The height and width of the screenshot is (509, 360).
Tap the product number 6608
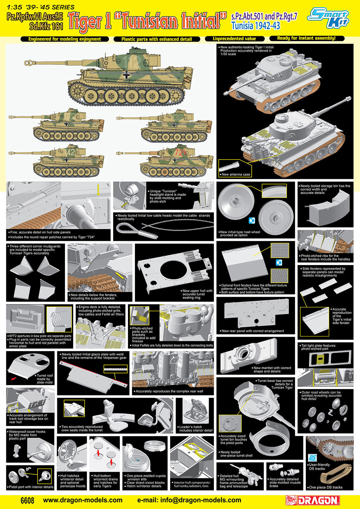(27, 500)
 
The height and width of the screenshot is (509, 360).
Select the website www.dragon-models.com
(83, 500)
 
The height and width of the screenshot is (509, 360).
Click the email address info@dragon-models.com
(189, 500)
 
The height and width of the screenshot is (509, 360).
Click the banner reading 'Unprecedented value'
(234, 39)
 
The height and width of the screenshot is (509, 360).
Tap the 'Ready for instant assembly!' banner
(306, 38)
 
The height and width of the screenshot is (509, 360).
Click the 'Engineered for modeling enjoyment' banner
(65, 39)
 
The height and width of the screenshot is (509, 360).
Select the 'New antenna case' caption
(236, 174)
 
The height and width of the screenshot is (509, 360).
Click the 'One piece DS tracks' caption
(326, 487)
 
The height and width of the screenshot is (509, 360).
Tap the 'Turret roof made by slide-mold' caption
(45, 379)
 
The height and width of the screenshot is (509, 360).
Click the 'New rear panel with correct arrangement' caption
(253, 331)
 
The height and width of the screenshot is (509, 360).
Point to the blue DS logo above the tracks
(312, 457)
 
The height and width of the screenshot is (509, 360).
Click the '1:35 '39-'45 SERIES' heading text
(41, 7)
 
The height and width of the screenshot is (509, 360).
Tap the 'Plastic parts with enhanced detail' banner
(157, 39)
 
